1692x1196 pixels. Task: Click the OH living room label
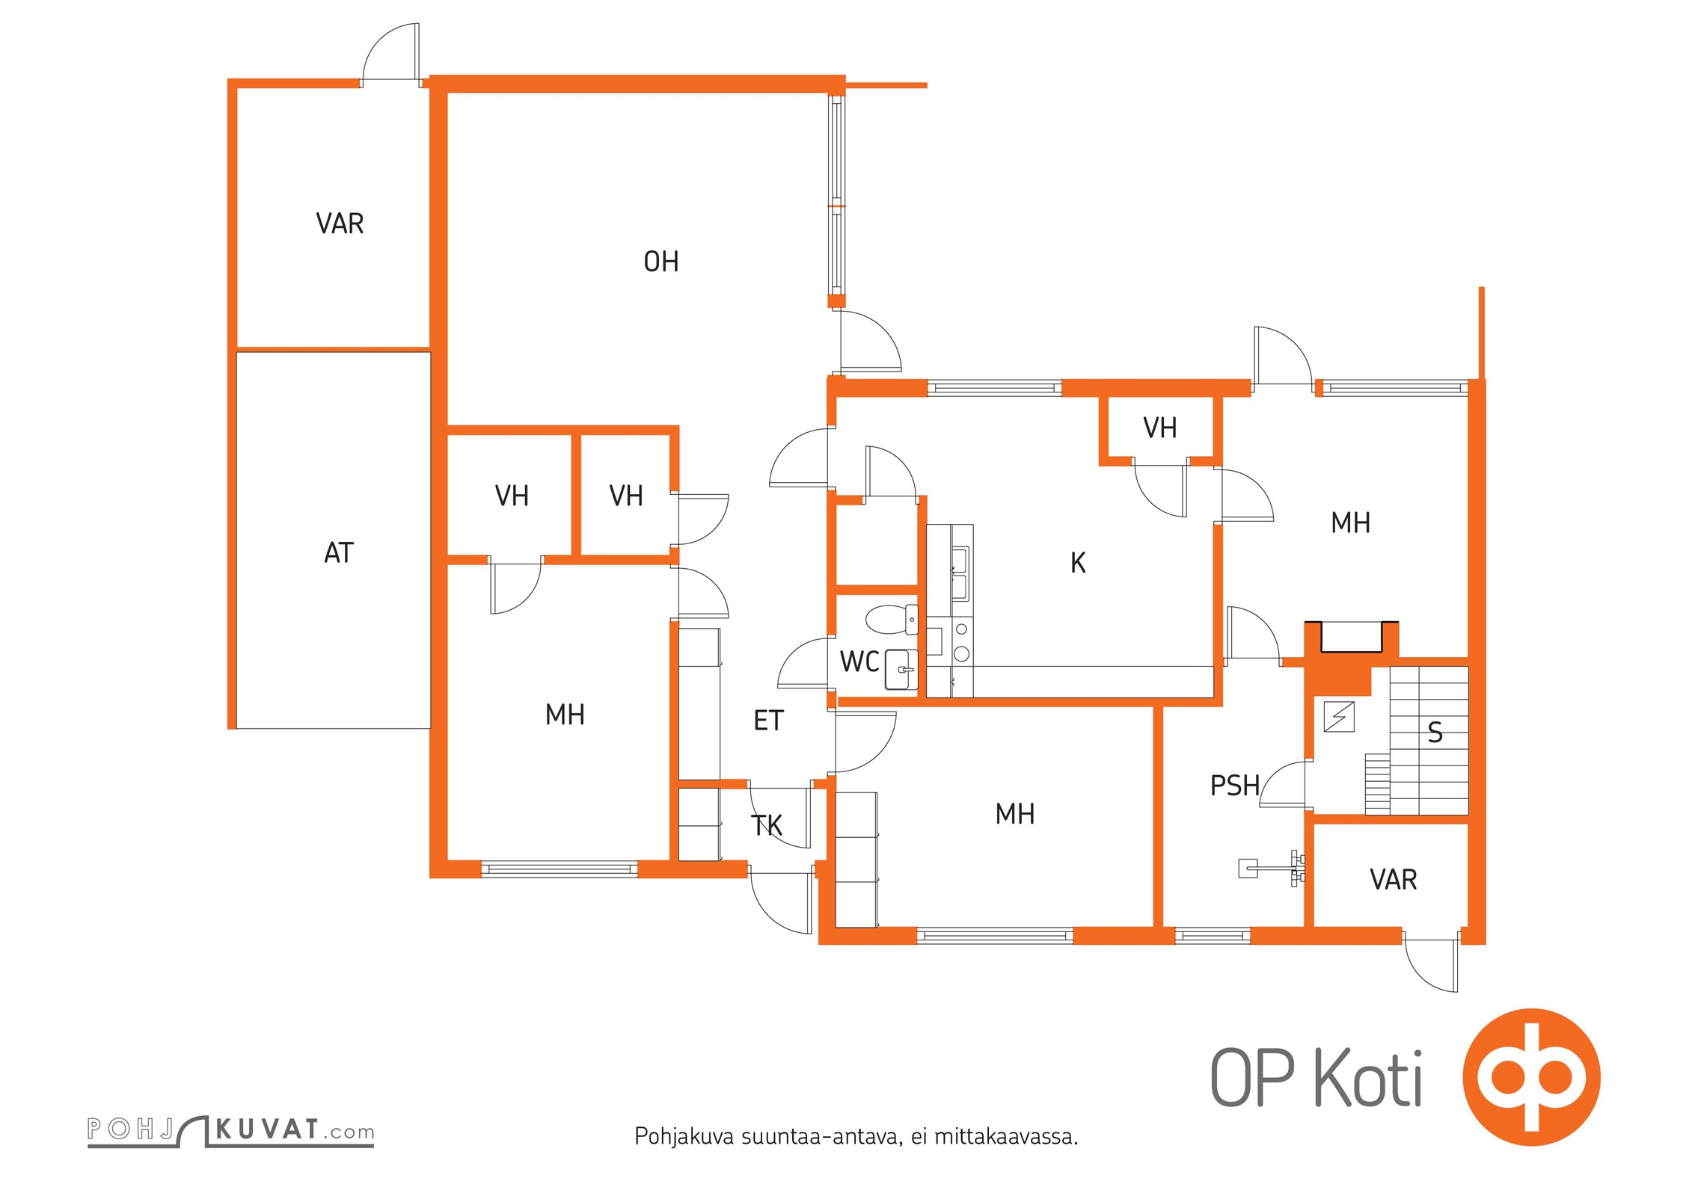tap(661, 262)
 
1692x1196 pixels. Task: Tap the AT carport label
tap(339, 553)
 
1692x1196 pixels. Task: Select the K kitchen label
tap(1078, 563)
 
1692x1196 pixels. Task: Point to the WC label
tap(859, 662)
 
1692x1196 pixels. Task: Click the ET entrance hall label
tap(768, 721)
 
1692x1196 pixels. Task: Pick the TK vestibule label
tap(767, 826)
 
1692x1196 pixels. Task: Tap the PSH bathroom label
tap(1235, 786)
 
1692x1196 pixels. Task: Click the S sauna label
tap(1435, 733)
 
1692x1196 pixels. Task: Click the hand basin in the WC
tap(901, 669)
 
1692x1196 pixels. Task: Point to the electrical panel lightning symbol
tap(1338, 718)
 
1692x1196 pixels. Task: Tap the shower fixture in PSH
tap(1272, 867)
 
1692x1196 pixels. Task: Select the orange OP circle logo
tap(1531, 1077)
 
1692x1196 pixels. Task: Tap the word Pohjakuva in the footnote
tap(684, 1137)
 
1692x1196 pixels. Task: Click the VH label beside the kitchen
tap(1160, 428)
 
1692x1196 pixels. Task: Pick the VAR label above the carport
tap(340, 224)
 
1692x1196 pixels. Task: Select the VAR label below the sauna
tap(1394, 880)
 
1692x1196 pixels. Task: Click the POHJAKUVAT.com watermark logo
tap(230, 1130)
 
